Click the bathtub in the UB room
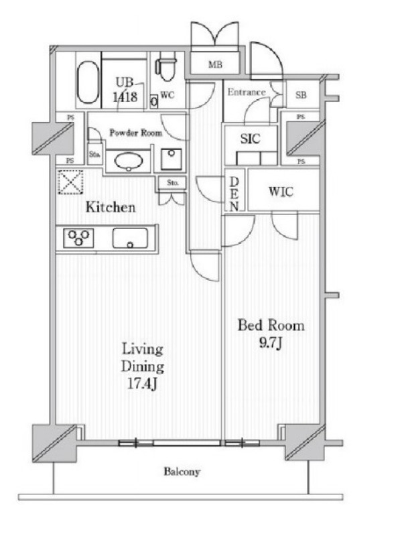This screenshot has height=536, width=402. (88, 82)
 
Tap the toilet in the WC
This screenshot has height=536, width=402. (166, 69)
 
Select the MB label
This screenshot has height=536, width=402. (215, 64)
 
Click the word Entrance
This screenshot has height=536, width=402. (247, 92)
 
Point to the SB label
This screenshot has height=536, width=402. (301, 94)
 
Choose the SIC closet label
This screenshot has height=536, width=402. (250, 139)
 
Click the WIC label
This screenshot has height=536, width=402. (281, 192)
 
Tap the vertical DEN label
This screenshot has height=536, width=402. (234, 193)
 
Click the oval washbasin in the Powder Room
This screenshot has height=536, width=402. (129, 161)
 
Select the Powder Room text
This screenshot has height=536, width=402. (136, 133)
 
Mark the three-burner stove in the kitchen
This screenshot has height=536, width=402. (78, 238)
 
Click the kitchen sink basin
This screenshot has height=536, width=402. (130, 238)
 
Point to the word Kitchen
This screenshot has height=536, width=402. (111, 207)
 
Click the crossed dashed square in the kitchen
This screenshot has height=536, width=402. (70, 182)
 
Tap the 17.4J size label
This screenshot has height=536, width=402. (142, 384)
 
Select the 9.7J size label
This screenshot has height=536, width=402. (270, 342)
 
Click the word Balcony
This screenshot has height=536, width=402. (182, 472)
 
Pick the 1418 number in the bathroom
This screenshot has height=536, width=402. (125, 96)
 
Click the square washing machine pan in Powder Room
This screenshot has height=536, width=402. (172, 159)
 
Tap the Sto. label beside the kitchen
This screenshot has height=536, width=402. (173, 183)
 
